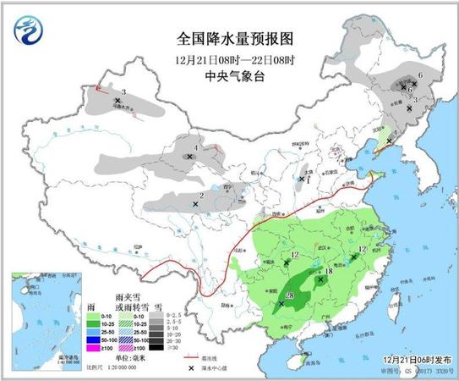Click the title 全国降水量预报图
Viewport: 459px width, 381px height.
(x=229, y=39)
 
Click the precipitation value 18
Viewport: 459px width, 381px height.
(x=329, y=272)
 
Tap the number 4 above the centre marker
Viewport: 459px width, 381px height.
(x=195, y=147)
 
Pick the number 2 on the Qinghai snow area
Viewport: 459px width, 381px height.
(x=202, y=195)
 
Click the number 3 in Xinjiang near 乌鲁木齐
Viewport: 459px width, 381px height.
(x=124, y=91)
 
